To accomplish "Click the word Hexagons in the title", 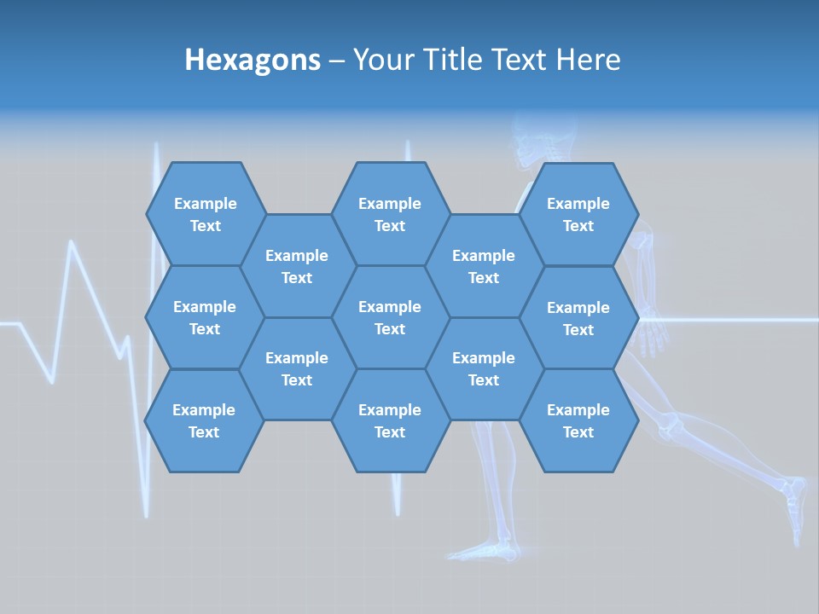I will coord(253,60).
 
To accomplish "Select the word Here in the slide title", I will coord(588,60).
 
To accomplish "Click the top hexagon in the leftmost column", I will coord(205,214).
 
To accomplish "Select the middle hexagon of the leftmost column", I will coord(205,317).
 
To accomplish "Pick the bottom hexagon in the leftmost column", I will coord(204,420).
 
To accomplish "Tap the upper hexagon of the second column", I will coord(297,266).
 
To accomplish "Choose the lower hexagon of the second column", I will coord(297,368).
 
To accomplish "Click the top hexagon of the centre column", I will coord(390,214).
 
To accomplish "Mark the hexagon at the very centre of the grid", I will coord(390,317).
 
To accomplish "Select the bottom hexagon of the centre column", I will coord(390,420).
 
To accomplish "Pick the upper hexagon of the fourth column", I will coord(484,266).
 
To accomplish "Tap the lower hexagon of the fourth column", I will coord(484,368).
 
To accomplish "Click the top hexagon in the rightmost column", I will coord(578,214).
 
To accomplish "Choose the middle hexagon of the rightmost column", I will coord(578,318).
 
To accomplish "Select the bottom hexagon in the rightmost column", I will coord(578,420).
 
